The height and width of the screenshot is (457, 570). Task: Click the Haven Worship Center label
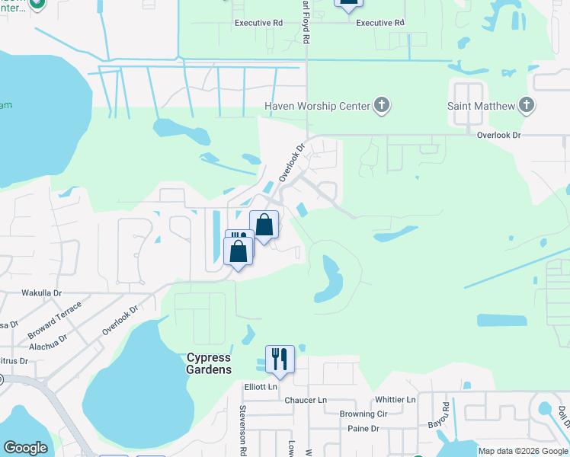(317, 105)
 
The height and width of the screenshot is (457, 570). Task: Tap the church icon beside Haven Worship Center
(382, 105)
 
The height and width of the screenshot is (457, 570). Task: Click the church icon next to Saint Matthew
(526, 105)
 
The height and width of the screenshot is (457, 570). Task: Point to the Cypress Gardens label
(209, 363)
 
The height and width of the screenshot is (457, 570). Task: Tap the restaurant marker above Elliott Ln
(280, 358)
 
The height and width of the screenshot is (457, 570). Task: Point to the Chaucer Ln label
(305, 400)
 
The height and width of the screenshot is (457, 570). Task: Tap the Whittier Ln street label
(395, 400)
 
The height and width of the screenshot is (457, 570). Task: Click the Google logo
(25, 448)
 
